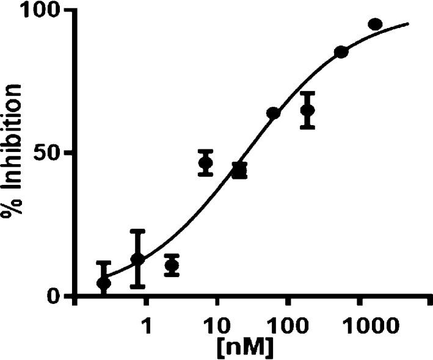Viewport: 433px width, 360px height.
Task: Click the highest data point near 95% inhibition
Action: pos(375,24)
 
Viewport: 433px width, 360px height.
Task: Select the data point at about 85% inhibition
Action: pos(341,52)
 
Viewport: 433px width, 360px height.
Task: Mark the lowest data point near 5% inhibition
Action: pos(104,283)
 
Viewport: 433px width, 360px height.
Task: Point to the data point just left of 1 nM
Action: pos(137,259)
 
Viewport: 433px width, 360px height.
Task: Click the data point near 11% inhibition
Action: pos(172,265)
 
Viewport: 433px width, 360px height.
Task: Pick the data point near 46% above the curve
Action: pos(206,163)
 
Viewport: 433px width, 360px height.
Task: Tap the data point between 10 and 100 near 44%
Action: pos(239,170)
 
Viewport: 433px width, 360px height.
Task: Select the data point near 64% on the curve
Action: pos(273,113)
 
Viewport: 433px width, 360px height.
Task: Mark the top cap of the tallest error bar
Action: pos(137,231)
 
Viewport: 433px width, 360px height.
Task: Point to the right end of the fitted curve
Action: pos(407,24)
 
